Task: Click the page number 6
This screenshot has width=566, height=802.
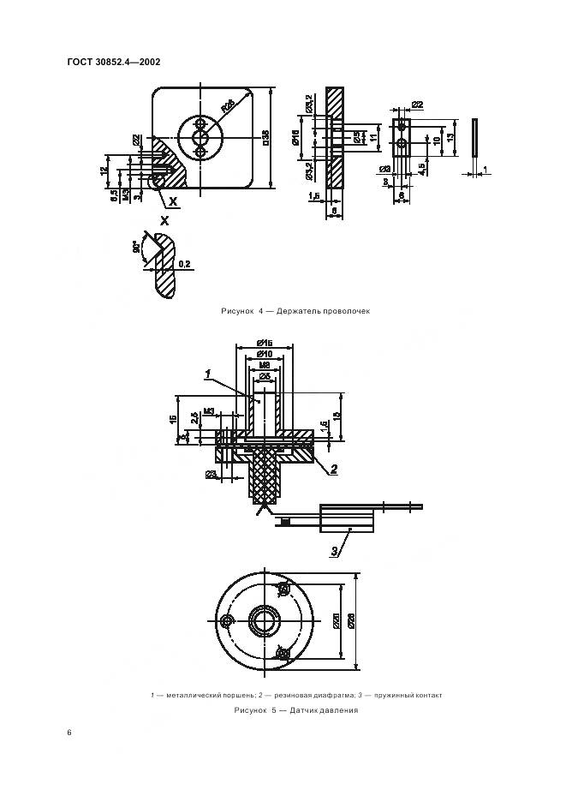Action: [69, 733]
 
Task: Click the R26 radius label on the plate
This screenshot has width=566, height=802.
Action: [229, 107]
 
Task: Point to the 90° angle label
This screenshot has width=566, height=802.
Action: [136, 248]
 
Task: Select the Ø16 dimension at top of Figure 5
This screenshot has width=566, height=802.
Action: [264, 342]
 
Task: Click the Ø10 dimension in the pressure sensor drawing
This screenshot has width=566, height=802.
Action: [264, 354]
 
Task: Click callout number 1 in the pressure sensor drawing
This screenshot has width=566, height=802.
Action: [208, 373]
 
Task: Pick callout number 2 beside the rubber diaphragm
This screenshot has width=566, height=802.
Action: [335, 468]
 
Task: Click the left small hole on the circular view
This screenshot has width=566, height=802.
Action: [226, 619]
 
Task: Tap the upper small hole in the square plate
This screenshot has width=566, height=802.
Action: [200, 122]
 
